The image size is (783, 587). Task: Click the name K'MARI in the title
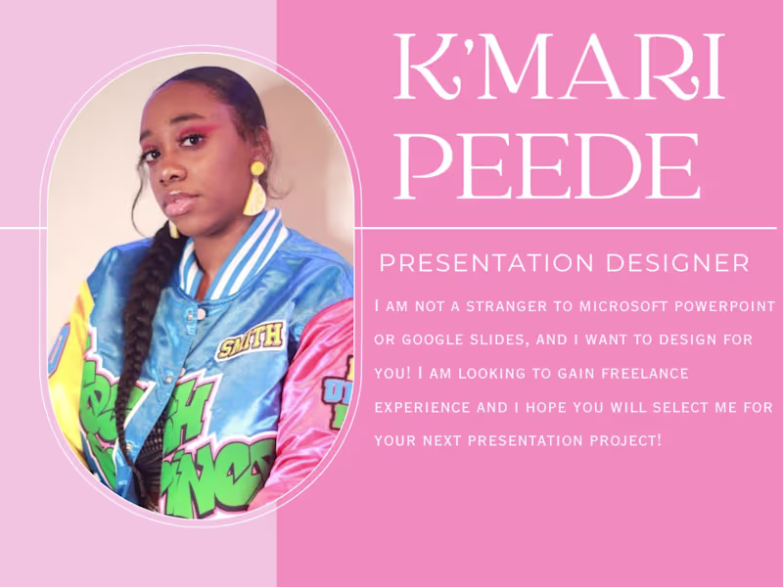[558, 68]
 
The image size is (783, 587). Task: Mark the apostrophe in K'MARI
[458, 46]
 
